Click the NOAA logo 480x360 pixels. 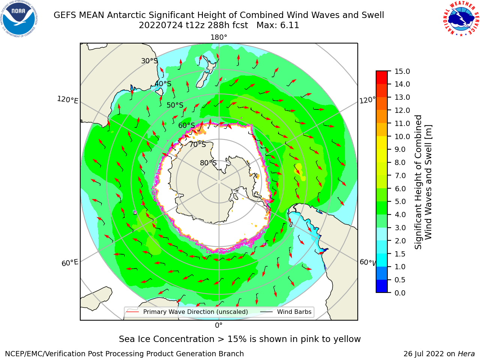[19, 19]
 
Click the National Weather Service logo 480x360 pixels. [460, 19]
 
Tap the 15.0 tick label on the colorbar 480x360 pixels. [402, 72]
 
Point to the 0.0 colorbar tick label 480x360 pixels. [400, 293]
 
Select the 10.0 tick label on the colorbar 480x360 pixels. [402, 136]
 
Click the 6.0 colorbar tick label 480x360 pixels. [400, 189]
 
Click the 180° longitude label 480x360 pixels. [219, 37]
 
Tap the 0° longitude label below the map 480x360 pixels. [219, 325]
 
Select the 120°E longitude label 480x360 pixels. [67, 100]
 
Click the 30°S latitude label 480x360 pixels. [149, 61]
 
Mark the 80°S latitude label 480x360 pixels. [208, 163]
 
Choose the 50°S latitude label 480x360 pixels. [175, 105]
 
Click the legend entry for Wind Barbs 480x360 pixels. [286, 312]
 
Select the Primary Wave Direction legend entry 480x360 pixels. [187, 312]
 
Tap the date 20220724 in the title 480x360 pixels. [161, 25]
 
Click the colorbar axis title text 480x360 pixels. [423, 182]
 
